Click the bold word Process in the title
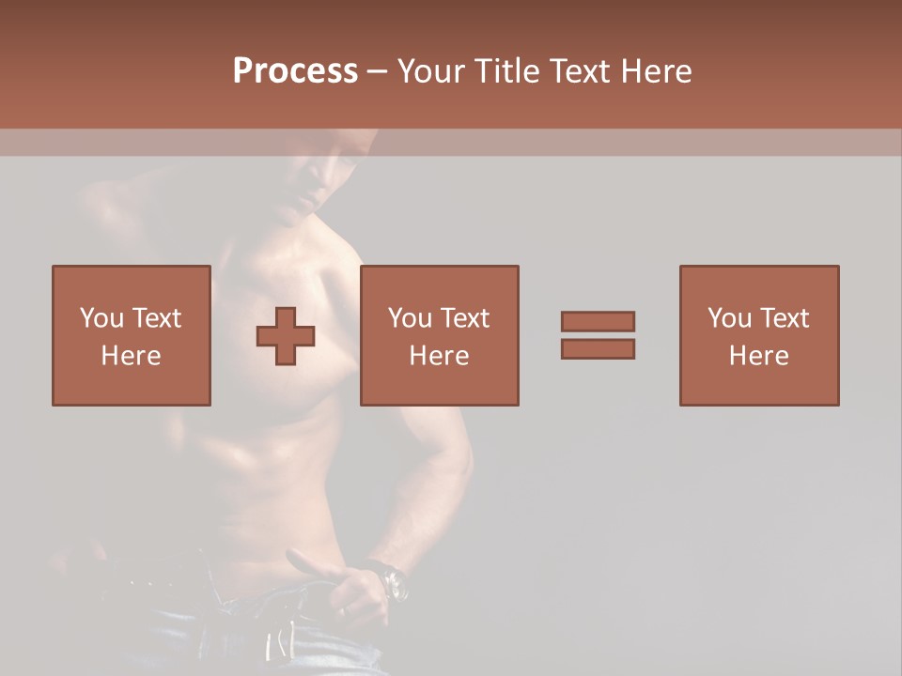click(295, 71)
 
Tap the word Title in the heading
click(507, 71)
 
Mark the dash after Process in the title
click(378, 72)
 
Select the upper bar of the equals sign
click(598, 321)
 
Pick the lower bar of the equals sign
click(598, 349)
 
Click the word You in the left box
click(101, 318)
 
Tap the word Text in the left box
click(156, 318)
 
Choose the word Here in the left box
click(131, 356)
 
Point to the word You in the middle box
click(410, 318)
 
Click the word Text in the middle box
click(464, 318)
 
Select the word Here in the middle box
click(439, 356)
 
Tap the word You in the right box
click(729, 318)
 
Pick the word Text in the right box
click(784, 318)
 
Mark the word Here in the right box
click(758, 356)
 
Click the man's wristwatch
click(393, 580)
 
